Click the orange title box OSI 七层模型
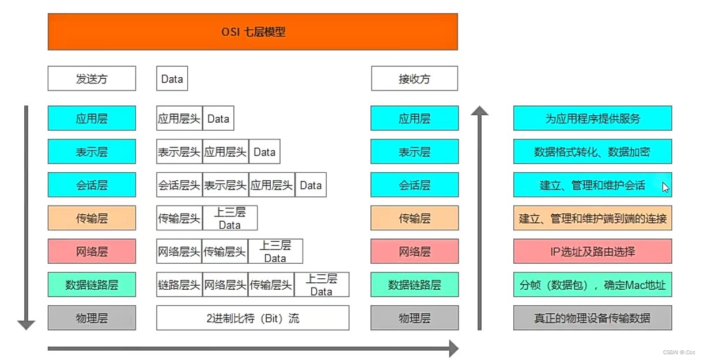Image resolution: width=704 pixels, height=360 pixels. coord(252,32)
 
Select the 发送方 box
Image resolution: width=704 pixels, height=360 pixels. coord(92,79)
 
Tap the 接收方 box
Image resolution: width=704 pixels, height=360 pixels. coord(414,79)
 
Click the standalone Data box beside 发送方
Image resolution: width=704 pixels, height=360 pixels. coord(172,79)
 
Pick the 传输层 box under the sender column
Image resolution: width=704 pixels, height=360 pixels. coord(92,218)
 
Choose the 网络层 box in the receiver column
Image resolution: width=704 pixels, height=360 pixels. coord(414,252)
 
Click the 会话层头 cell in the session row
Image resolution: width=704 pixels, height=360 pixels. coord(179,185)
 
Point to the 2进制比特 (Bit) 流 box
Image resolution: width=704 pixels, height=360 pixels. coord(252,318)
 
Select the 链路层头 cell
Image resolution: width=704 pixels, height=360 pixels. coord(179,285)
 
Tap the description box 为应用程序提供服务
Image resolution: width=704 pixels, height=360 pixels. coord(592,119)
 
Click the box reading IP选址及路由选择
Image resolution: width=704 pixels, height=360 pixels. coord(592,252)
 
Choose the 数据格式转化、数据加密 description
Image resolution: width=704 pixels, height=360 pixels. coord(592,152)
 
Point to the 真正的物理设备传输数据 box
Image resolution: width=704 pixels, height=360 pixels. coord(592,318)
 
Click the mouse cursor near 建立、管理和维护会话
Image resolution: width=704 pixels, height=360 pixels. coord(665,187)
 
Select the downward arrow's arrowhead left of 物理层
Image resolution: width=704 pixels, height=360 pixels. coord(27,324)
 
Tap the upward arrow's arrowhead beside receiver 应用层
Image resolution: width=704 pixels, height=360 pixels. coord(479,111)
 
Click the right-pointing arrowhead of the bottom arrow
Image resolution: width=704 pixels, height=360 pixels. coord(453,348)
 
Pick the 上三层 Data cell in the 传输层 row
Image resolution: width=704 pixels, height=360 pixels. coord(229,218)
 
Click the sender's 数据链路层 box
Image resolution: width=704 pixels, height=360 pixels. coord(92,285)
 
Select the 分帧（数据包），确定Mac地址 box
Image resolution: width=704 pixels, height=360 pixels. coord(592,285)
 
